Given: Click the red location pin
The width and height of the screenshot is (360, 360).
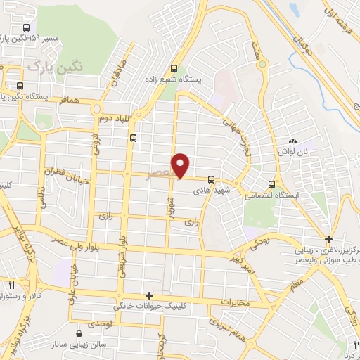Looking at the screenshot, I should click(x=182, y=165).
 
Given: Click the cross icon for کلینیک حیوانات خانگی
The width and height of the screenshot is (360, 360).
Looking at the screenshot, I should click(x=149, y=296).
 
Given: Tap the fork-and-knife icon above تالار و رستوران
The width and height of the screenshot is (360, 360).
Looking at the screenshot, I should click(x=12, y=285).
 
